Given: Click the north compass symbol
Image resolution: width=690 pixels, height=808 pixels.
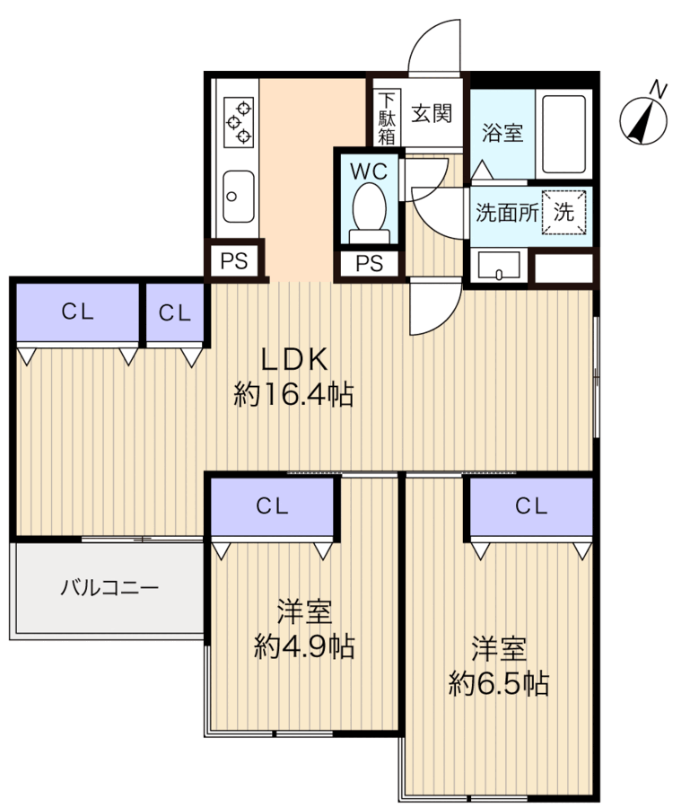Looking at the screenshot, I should click(x=645, y=119).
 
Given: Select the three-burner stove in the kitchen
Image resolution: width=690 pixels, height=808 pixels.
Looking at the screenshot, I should click(x=238, y=120).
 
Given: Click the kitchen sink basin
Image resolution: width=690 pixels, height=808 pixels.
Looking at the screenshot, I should click(x=238, y=195).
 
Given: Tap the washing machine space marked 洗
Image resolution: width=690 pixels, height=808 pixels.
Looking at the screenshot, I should click(x=563, y=214).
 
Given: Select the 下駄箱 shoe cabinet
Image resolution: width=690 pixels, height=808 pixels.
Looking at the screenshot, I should click(x=386, y=118).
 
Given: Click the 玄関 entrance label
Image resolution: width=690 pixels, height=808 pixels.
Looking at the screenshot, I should click(x=432, y=114).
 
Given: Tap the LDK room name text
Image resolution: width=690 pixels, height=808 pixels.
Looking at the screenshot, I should click(x=293, y=358).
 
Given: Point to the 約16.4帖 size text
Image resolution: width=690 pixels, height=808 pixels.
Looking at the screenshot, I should click(x=293, y=394).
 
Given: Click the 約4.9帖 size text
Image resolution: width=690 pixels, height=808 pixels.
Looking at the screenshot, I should click(x=303, y=646).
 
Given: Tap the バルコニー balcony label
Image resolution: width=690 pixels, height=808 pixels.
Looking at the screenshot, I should click(x=109, y=589).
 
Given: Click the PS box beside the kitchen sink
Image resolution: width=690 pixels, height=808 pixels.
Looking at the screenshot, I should click(x=235, y=262).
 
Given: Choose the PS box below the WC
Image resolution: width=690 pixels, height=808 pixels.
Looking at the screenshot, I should click(x=369, y=264).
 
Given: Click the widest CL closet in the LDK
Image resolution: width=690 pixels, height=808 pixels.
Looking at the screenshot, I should click(x=78, y=312).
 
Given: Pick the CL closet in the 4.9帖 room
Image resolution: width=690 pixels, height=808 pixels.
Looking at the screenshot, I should click(x=273, y=506).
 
